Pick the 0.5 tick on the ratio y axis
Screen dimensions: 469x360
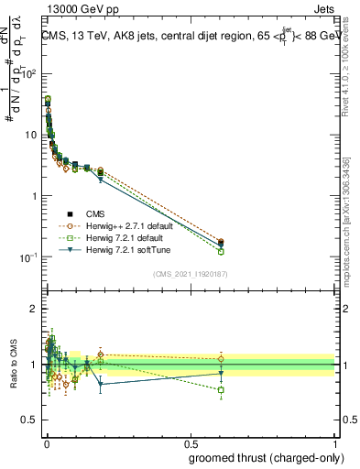32,420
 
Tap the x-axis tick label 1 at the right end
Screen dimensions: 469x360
334,442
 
